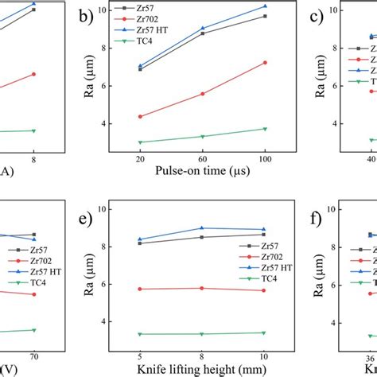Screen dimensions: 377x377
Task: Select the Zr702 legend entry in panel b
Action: tap(165, 18)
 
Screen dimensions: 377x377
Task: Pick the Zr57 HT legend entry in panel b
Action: tap(170, 29)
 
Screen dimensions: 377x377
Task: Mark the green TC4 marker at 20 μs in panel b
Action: tap(140, 142)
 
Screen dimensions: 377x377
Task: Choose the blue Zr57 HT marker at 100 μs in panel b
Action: tap(265, 6)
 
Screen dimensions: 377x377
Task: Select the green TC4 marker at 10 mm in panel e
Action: tap(264, 332)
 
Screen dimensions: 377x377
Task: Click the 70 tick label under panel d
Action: tap(34, 356)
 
